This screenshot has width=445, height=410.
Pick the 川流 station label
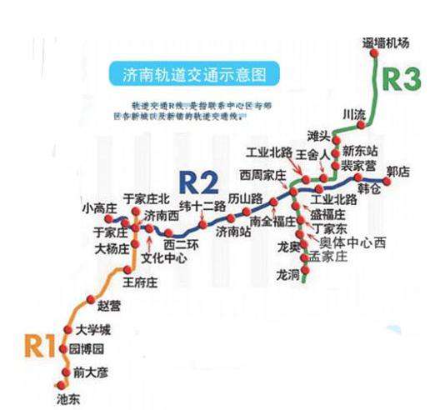point(353,112)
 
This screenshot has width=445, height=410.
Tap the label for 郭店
point(399,170)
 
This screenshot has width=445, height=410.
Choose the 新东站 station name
point(360,151)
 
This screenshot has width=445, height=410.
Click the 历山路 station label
point(245,197)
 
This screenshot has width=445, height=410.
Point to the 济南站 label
point(233,231)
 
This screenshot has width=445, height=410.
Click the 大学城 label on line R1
point(92,331)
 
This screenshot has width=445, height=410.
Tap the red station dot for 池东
point(65,384)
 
